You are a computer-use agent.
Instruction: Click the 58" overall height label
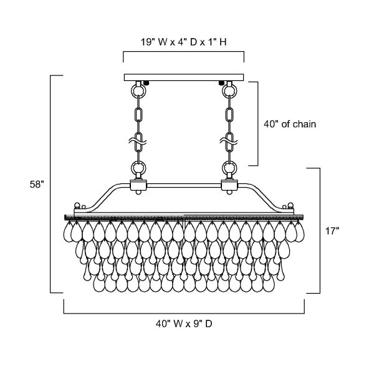[37, 185]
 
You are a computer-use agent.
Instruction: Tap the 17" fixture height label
[332, 231]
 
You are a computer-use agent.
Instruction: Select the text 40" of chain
[290, 124]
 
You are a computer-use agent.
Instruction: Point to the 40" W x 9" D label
[184, 324]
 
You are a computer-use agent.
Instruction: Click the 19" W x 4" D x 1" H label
[183, 42]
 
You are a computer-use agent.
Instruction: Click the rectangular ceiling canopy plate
[184, 77]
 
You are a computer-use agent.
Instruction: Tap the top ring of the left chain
[138, 90]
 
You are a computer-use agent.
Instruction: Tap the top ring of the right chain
[229, 90]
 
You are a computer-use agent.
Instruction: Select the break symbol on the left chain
[138, 141]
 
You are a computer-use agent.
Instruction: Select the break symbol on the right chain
[229, 141]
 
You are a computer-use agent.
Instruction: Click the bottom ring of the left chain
[138, 167]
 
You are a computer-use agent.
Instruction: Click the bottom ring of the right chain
[229, 167]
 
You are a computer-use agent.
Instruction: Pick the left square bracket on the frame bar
[138, 185]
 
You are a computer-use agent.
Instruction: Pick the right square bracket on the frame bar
[229, 185]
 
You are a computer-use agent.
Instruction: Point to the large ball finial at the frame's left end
[77, 205]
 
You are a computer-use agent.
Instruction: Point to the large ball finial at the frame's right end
[290, 205]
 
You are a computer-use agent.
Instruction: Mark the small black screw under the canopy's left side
[146, 83]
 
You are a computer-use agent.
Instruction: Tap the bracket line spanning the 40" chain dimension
[258, 123]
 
